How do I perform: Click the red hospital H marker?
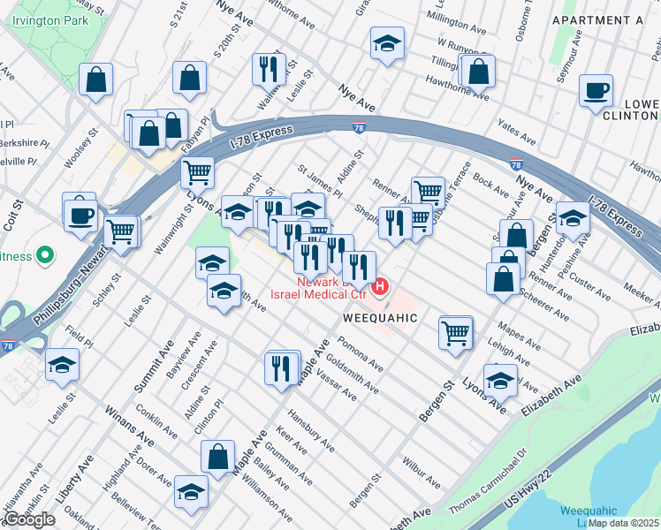pyautogui.click(x=381, y=287)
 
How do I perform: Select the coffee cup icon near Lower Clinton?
pyautogui.click(x=596, y=90)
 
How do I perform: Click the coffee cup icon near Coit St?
pyautogui.click(x=80, y=214)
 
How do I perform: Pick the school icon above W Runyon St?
pyautogui.click(x=387, y=44)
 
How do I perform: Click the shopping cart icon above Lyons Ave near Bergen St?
pyautogui.click(x=456, y=334)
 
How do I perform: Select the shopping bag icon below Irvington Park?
pyautogui.click(x=95, y=79)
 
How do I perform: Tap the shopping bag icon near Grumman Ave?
pyautogui.click(x=217, y=457)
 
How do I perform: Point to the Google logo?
pyautogui.click(x=29, y=519)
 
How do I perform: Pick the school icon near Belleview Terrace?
pyautogui.click(x=190, y=491)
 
